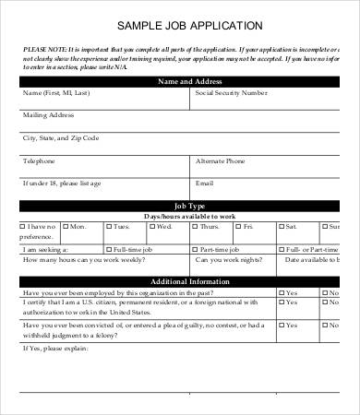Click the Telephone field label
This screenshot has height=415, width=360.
(39, 160)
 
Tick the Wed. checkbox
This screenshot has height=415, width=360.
(152, 227)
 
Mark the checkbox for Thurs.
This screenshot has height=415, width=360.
(197, 227)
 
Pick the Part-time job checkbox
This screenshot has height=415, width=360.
(197, 249)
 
